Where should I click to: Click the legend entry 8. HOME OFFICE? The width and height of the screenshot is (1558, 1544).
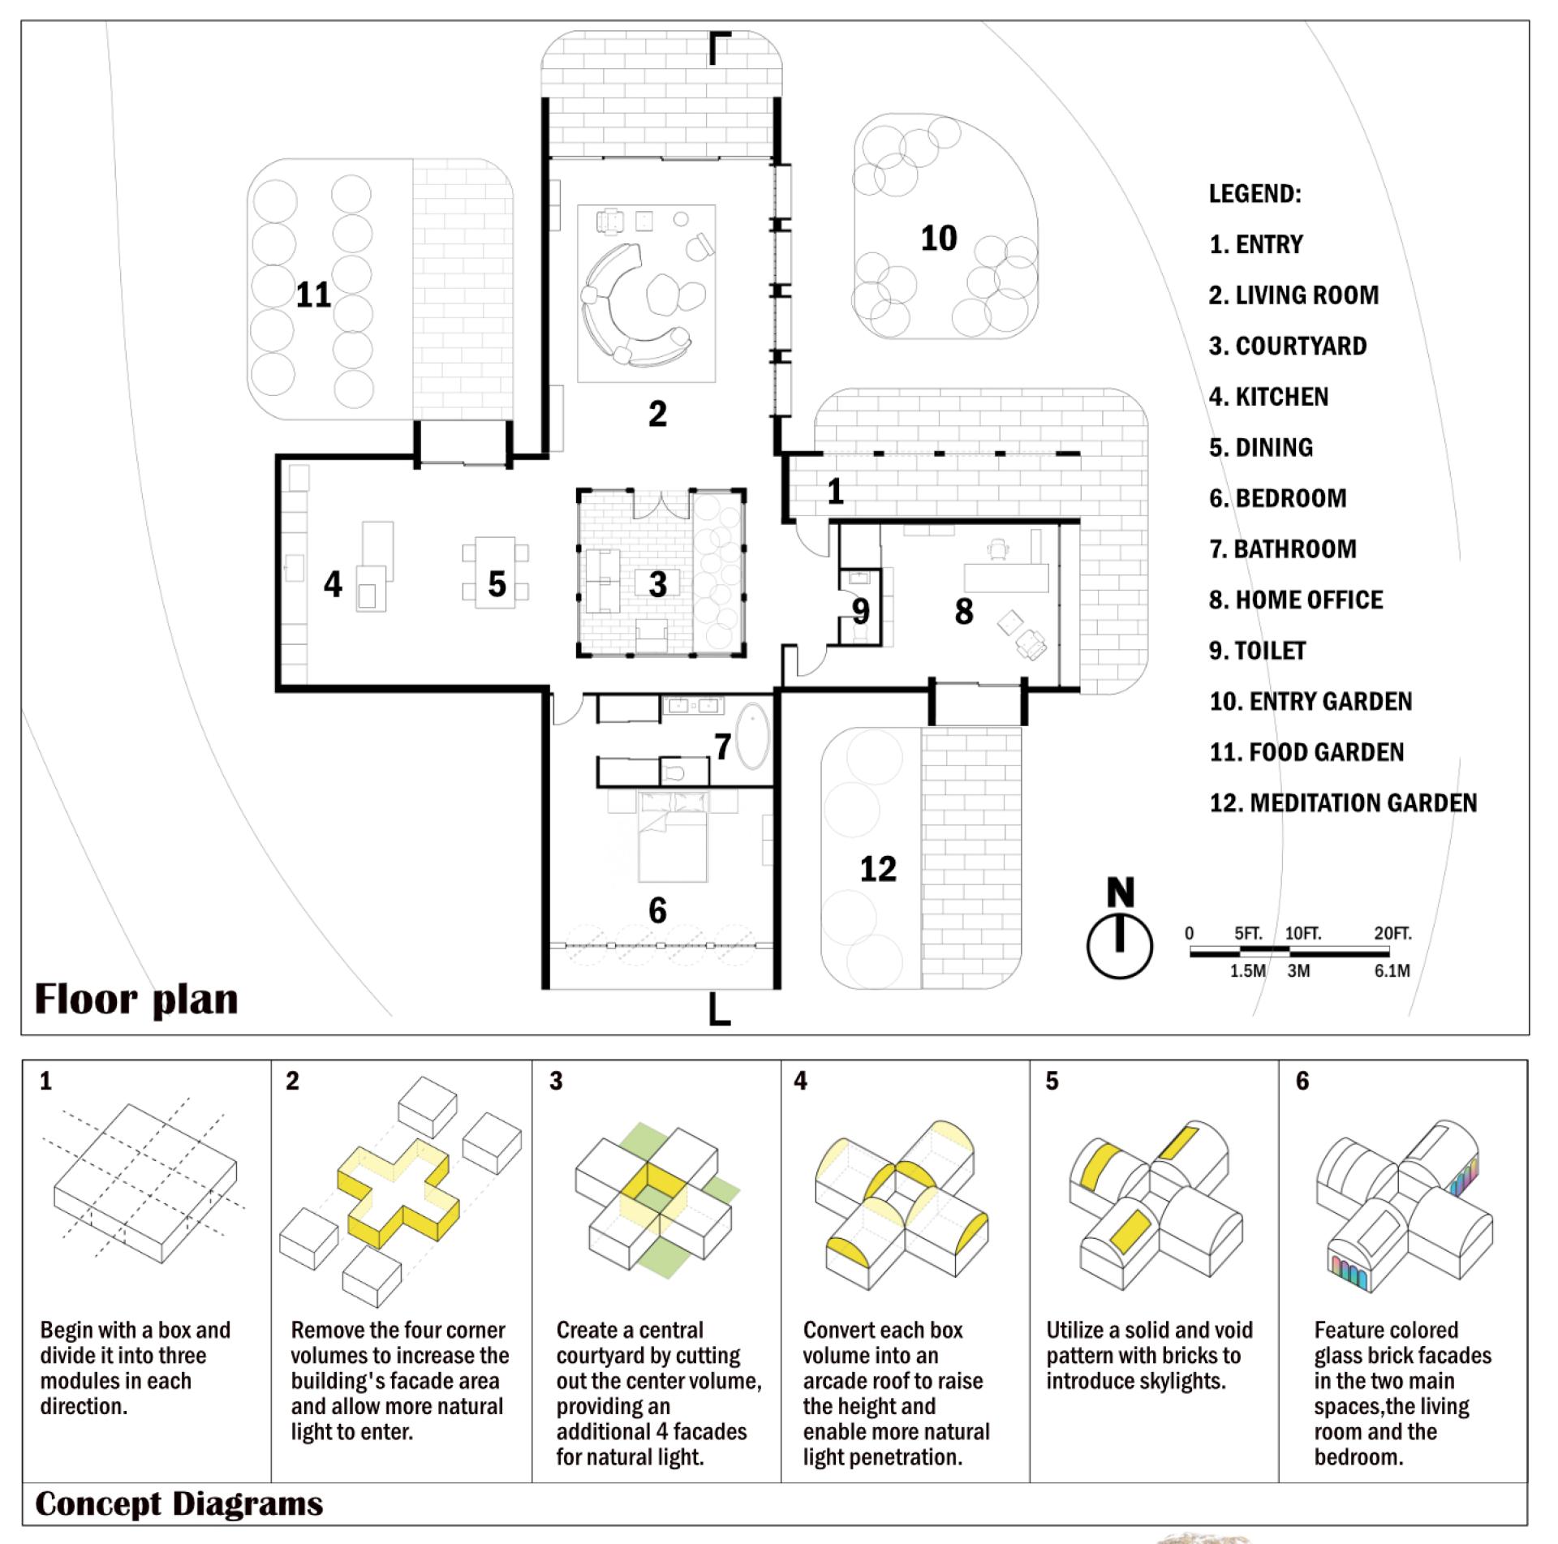coord(1296,600)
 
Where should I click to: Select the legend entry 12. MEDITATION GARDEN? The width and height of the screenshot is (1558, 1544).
coord(1343,802)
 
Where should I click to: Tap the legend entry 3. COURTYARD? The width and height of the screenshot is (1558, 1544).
coord(1288,346)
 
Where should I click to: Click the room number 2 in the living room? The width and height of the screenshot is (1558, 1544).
coord(657,414)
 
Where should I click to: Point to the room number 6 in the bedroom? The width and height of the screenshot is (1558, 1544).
coord(657,910)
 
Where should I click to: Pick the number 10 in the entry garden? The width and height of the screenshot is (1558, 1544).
coord(939,239)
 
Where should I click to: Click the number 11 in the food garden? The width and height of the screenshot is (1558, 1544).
coord(313,295)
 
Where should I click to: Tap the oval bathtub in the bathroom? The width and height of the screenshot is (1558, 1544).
coord(753,736)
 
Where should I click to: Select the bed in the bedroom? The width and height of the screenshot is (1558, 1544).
coord(673,837)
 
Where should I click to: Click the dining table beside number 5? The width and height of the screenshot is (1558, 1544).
coord(496,572)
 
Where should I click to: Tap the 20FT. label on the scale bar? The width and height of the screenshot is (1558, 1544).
coord(1392,933)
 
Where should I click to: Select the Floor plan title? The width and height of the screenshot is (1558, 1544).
coord(136,1000)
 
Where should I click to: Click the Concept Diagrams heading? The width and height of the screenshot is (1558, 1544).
coord(179,1503)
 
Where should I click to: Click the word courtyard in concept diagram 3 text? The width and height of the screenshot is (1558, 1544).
coord(609,1355)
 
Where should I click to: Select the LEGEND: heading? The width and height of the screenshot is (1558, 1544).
coord(1255,194)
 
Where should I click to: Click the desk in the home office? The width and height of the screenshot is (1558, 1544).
coord(1006,578)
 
